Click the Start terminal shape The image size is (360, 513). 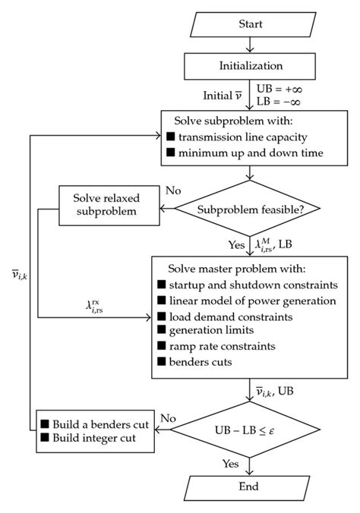coord(250,24)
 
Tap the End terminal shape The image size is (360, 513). coord(250,486)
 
